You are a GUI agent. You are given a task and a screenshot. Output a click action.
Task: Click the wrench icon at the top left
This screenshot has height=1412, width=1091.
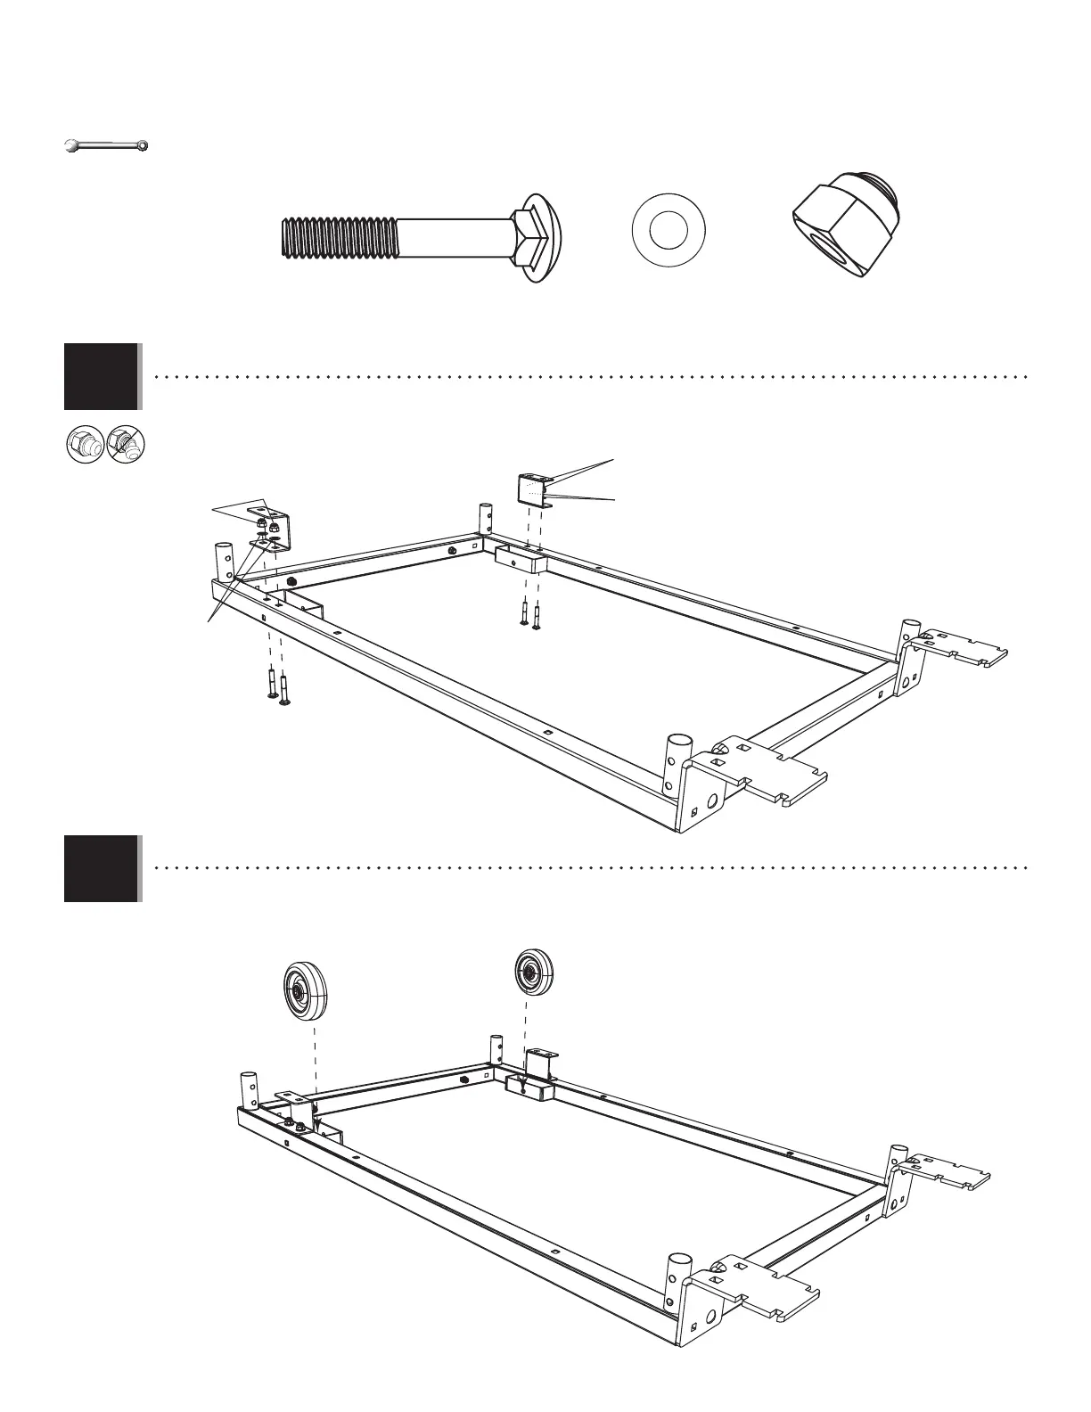106,144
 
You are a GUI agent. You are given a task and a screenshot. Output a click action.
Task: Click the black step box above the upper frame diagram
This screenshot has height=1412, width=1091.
102,376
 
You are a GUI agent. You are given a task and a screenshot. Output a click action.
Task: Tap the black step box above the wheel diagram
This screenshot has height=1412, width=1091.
102,868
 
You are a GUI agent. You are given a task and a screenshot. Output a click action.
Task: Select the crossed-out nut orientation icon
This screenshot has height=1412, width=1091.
127,444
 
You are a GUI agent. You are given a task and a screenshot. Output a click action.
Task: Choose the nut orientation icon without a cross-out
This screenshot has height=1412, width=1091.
86,444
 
